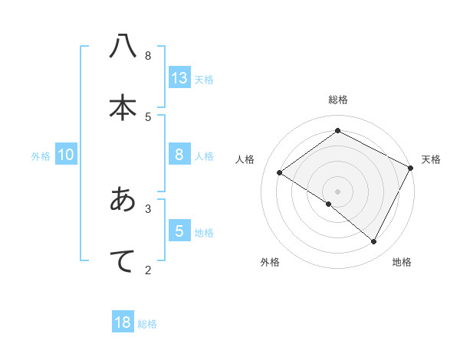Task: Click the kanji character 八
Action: [122, 47]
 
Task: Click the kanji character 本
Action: [122, 108]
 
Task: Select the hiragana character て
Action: [122, 260]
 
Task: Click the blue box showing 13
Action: [179, 77]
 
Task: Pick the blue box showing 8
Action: [179, 154]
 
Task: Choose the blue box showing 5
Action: [179, 231]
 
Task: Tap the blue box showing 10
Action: [66, 155]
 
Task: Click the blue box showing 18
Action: [123, 322]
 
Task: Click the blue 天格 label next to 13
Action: [204, 79]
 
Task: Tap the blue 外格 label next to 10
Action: [41, 155]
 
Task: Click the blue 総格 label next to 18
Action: [147, 324]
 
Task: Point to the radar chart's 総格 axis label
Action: [338, 100]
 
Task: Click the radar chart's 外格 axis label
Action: [270, 262]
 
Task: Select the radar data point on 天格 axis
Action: [411, 168]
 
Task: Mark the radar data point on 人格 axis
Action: [280, 172]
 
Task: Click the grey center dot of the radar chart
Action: [338, 191]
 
